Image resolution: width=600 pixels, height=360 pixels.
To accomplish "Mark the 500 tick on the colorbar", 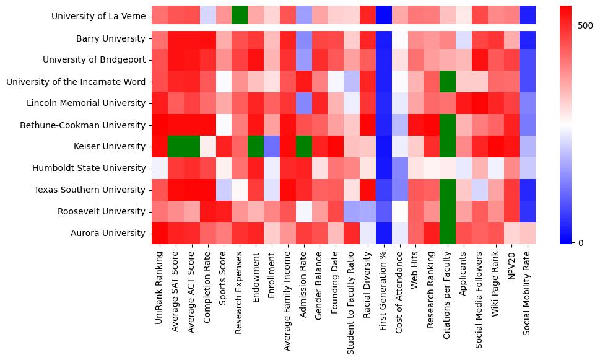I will click(x=585, y=26).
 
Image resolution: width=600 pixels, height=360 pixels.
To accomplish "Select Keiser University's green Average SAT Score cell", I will click(x=175, y=147).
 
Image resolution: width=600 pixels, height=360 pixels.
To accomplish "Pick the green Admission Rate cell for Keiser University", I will click(x=304, y=147).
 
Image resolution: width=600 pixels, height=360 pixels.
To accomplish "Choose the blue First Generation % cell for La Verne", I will click(x=385, y=14).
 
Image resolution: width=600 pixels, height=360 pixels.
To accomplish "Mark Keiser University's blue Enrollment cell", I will click(x=272, y=147).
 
